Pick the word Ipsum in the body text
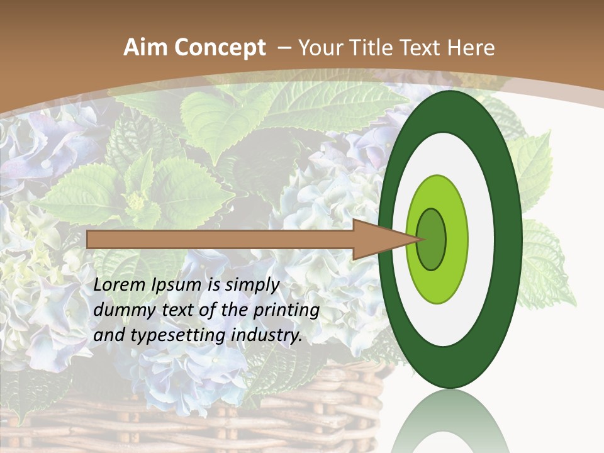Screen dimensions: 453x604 (177, 285)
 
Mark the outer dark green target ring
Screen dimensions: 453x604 (511, 239)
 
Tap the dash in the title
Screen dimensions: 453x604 (284, 48)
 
